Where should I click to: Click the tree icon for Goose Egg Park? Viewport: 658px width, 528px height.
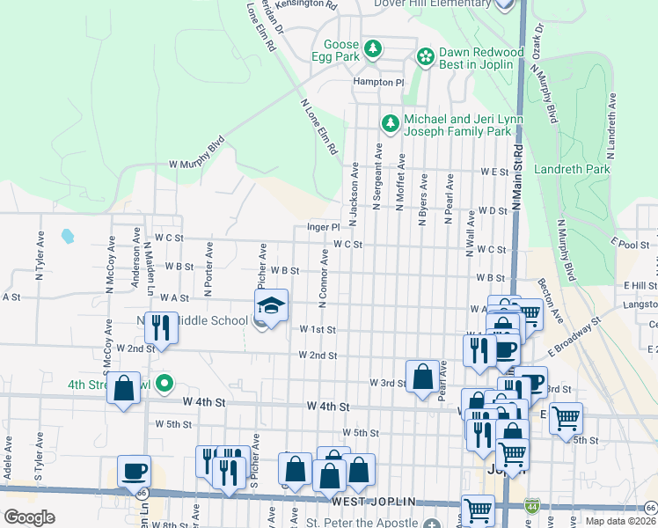point(373,48)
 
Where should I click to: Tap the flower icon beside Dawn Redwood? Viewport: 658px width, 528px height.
point(426,57)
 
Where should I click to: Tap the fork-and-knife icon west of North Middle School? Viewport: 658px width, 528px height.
point(161,327)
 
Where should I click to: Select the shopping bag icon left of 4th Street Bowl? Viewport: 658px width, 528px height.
point(124,388)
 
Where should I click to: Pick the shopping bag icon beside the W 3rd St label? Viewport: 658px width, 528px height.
point(422,376)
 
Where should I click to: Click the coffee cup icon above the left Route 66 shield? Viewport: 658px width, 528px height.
point(134,471)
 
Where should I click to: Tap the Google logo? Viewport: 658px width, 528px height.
point(29,517)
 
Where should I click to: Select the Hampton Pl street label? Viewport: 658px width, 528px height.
point(377,81)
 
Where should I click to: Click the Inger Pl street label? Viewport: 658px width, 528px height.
point(322,226)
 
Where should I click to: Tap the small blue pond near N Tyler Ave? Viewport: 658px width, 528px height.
point(68,236)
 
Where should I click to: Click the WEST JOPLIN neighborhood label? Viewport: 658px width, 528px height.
point(372,502)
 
